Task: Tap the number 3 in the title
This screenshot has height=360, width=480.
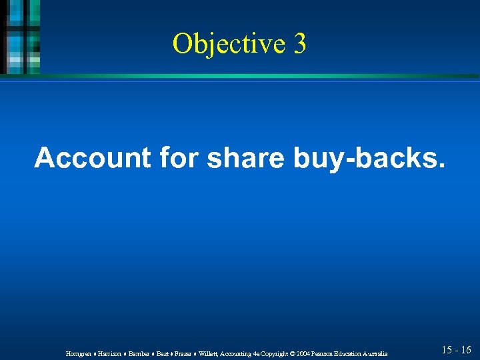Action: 299,43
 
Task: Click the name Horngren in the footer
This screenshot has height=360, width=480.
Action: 79,353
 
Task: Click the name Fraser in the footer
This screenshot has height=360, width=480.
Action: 184,353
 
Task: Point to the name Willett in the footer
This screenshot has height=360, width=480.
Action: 209,353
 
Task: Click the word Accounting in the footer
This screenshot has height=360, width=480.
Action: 237,353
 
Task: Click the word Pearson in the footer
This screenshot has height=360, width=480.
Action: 325,353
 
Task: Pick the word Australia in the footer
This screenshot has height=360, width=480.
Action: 374,353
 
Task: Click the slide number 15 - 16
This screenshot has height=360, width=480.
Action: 456,349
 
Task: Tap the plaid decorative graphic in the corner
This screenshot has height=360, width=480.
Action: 20,37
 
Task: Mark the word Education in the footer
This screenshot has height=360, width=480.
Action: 350,353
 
